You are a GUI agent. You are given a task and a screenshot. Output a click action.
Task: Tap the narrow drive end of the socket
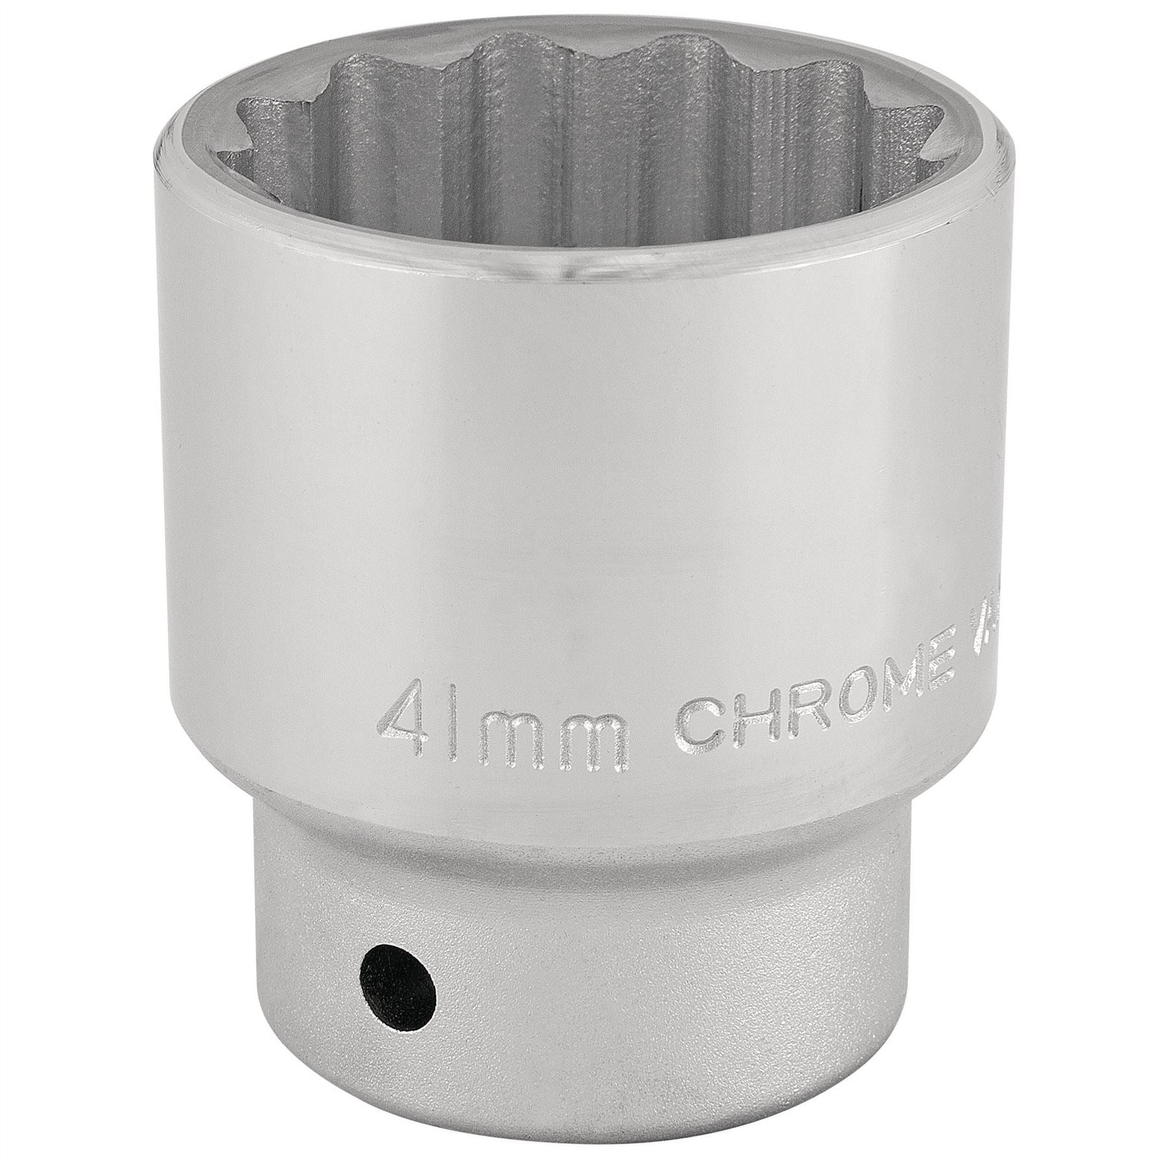pyautogui.click(x=585, y=975)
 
